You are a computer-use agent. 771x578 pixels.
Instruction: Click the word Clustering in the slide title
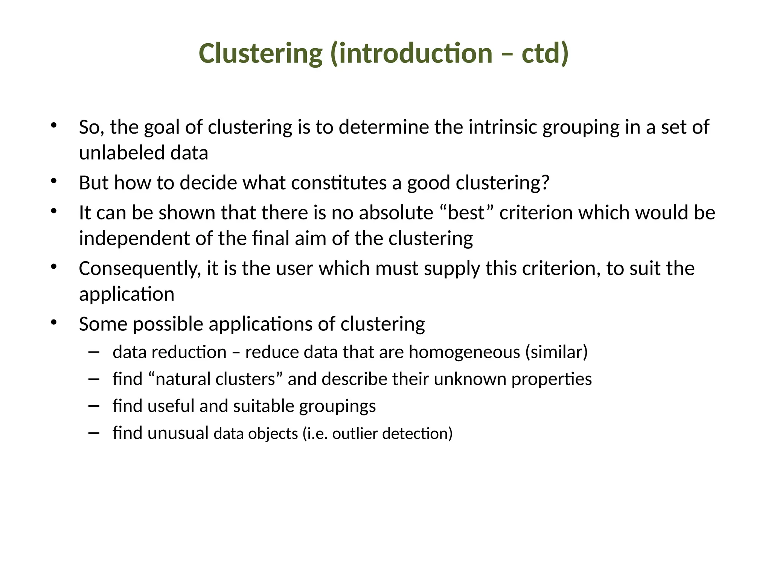pos(261,53)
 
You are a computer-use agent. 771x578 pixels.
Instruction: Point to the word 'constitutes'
pos(338,183)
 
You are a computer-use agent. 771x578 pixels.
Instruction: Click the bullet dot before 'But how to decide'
pos(53,181)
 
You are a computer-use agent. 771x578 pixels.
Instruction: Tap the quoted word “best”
pos(466,213)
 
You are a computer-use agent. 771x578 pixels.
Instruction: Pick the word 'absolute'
pos(396,213)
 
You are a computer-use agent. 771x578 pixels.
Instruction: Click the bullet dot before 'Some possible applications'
pos(53,322)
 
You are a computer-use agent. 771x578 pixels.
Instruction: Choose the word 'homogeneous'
pos(464,352)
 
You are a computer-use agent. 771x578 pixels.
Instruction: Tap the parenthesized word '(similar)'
pos(556,352)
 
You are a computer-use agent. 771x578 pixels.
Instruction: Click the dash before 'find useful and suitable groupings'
pos(94,406)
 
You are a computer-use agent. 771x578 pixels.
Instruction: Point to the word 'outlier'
pos(355,433)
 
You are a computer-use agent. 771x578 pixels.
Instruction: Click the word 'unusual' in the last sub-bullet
pos(178,433)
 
